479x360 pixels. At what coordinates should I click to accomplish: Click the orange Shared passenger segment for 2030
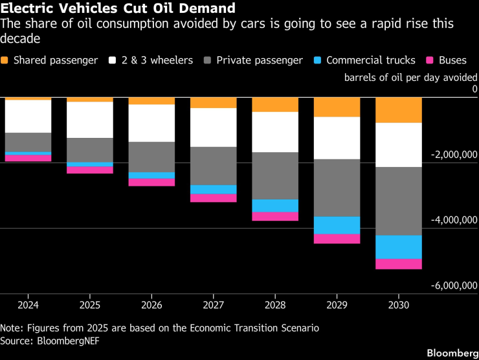point(398,110)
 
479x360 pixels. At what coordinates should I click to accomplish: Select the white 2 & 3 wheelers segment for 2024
point(28,117)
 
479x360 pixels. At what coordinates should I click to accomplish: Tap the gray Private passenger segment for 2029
point(337,188)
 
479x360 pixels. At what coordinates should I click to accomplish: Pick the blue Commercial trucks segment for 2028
point(275,205)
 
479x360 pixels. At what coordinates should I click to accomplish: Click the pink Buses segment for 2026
point(151,182)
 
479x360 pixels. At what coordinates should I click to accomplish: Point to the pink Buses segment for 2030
point(398,264)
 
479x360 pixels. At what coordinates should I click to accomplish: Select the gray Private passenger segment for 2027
point(214,166)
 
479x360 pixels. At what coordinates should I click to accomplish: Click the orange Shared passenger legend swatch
point(6,60)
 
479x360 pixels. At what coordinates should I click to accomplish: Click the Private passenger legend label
point(260,60)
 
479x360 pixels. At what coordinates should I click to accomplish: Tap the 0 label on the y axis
point(474,89)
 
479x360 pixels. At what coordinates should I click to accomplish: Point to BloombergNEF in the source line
point(69,340)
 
